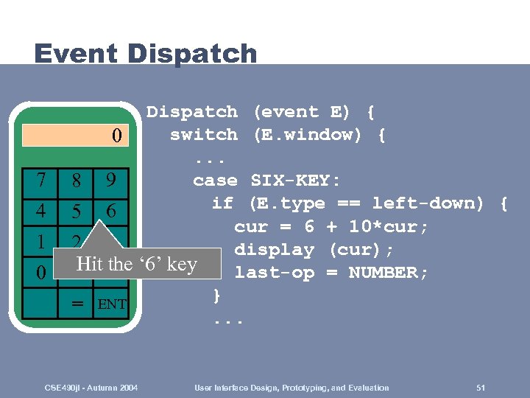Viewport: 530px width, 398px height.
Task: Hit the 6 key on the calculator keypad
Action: click(110, 211)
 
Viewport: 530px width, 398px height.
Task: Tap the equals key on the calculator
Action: click(75, 303)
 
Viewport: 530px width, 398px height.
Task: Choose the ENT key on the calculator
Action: click(111, 303)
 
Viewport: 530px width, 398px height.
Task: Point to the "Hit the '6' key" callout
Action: click(136, 264)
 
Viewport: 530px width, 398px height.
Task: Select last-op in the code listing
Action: click(273, 273)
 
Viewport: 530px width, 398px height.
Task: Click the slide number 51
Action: click(481, 388)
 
